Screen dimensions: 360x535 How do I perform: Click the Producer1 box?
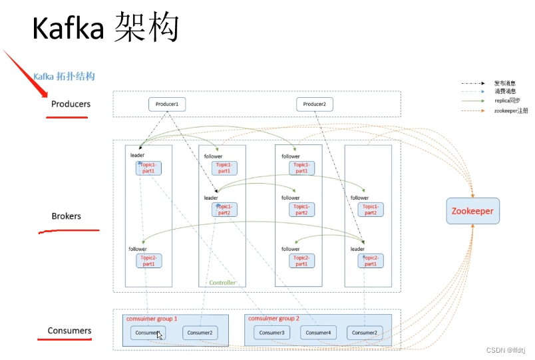[167, 104]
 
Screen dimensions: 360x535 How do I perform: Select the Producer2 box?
[314, 104]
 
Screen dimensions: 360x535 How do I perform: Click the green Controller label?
[222, 283]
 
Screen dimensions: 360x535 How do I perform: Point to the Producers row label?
[71, 104]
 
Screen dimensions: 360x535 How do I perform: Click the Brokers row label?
[67, 216]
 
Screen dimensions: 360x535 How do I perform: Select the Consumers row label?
[69, 331]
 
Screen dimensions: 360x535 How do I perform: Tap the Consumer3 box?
[271, 333]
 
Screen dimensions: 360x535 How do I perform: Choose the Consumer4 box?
[318, 333]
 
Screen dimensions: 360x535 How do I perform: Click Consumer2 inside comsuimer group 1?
[200, 333]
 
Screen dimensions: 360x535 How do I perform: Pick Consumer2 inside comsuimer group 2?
[365, 333]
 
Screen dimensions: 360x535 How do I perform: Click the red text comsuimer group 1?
[152, 319]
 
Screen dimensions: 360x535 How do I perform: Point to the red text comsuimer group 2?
[275, 319]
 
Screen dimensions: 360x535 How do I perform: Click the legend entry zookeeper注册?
[511, 110]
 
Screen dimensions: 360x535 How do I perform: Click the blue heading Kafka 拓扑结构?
[64, 77]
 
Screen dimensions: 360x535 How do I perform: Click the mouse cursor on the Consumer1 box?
[160, 335]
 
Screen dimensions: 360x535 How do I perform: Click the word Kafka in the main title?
[69, 29]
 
